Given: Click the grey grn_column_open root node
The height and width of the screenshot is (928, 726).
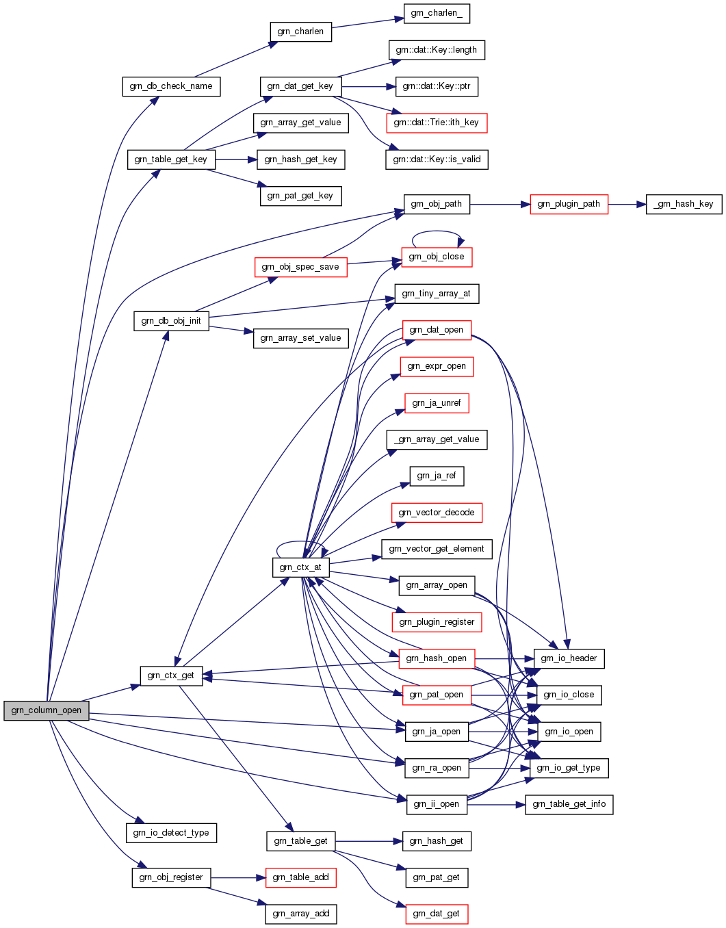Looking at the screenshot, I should [47, 710].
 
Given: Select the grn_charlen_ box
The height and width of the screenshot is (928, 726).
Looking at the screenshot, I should [437, 14].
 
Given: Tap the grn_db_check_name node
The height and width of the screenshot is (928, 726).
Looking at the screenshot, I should [171, 86].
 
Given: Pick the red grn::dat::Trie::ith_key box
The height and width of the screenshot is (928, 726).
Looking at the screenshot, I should [437, 123].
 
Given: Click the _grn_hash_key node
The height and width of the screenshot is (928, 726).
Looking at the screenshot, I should [684, 204].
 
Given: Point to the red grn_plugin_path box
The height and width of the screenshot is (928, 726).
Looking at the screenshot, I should [569, 204].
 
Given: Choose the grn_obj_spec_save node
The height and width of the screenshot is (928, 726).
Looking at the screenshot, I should [300, 267].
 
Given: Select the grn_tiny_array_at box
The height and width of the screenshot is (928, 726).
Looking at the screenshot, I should [437, 294].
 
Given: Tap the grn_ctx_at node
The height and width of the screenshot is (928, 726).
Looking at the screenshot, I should [300, 567].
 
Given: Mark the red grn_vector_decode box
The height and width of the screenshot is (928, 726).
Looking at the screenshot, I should [437, 513].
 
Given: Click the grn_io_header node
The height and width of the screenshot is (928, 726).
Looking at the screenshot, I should [569, 658].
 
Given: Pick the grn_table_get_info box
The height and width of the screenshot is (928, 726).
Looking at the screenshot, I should [569, 804].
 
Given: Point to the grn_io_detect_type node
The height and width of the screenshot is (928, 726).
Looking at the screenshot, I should [171, 833].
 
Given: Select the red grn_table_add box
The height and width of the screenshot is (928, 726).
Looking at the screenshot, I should [300, 877].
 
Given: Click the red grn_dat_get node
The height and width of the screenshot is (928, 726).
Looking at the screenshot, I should [437, 914].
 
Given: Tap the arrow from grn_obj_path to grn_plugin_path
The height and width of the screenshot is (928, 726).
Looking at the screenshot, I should [500, 204].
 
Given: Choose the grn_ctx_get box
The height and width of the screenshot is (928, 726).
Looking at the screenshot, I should [171, 675].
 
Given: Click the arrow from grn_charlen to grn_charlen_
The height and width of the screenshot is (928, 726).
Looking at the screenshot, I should [367, 23].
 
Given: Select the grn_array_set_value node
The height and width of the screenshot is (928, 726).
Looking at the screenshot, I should [300, 338].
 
